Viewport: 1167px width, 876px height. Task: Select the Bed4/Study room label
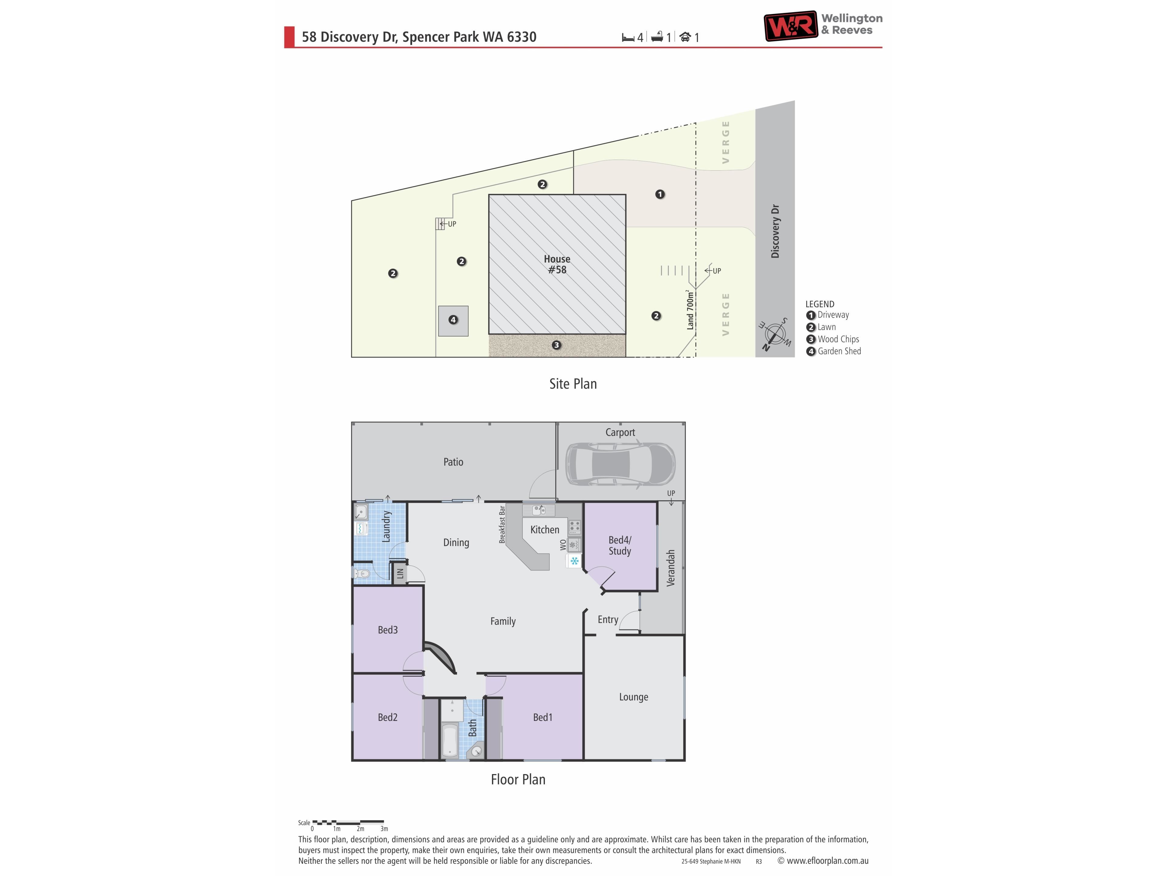pyautogui.click(x=620, y=545)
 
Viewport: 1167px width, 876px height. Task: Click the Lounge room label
pyautogui.click(x=634, y=697)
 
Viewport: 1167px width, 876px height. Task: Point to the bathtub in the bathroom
pyautogui.click(x=449, y=740)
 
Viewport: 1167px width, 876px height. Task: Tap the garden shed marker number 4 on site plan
pyautogui.click(x=453, y=319)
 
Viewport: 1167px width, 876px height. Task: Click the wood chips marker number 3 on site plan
pyautogui.click(x=556, y=345)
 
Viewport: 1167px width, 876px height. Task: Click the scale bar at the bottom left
pyautogui.click(x=348, y=822)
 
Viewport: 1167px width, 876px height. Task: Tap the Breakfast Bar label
pyautogui.click(x=502, y=524)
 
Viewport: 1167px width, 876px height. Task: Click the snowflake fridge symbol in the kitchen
pyautogui.click(x=574, y=561)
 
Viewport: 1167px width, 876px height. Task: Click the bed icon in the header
pyautogui.click(x=628, y=37)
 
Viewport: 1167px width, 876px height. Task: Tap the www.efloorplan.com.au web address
pyautogui.click(x=827, y=861)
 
